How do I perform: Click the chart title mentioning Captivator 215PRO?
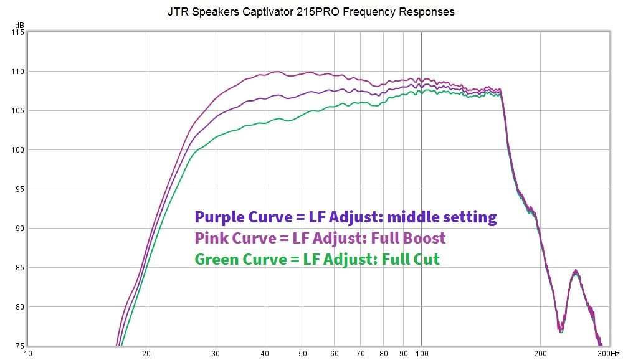311,12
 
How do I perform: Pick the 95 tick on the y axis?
17,189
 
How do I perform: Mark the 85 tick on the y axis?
17,268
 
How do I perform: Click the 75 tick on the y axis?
17,346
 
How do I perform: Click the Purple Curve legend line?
346,217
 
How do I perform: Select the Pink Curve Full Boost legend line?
320,238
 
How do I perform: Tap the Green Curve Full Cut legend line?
317,259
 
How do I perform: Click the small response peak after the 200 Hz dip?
576,271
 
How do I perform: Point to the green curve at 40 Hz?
265,123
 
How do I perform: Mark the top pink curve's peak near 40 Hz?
277,72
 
